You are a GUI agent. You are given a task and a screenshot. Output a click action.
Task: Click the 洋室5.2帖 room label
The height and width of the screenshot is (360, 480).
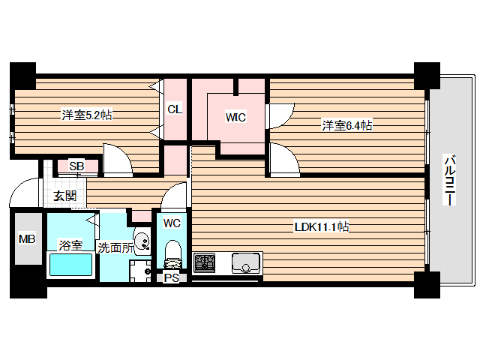point(87,115)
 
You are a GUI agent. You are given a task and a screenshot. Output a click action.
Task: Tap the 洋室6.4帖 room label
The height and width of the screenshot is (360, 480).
point(347,125)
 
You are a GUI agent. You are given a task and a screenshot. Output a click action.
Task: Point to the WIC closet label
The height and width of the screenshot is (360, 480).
point(236,117)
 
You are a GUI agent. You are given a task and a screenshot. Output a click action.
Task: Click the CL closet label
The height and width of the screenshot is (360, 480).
point(174,109)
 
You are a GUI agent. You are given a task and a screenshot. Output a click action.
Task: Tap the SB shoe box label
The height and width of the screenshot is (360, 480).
point(76,166)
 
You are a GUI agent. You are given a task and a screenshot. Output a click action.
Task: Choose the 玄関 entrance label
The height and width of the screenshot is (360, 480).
point(64,196)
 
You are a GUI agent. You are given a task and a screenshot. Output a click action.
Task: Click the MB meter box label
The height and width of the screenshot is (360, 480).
point(27,239)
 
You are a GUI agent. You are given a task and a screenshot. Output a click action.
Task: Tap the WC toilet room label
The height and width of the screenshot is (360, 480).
point(172,223)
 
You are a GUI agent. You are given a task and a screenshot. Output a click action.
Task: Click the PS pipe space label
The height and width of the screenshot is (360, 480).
point(172,277)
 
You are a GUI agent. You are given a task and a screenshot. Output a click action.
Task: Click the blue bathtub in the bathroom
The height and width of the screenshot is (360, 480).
point(70,265)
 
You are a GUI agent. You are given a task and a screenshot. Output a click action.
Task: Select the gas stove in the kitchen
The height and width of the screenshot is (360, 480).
point(205,262)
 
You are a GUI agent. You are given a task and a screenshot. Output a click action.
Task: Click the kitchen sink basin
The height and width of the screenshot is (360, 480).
point(245,263)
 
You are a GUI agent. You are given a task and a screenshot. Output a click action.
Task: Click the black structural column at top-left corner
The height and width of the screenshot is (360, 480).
point(22,74)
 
